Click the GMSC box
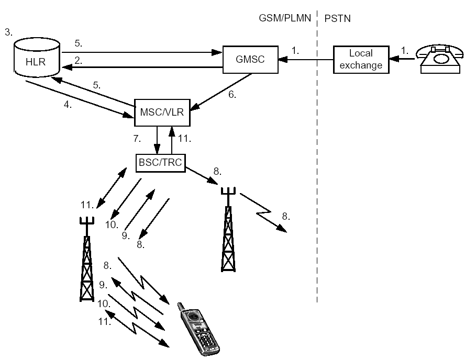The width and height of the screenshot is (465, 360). click(x=250, y=59)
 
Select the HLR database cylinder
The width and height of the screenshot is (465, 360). click(x=37, y=57)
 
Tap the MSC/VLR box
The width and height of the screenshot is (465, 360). click(x=162, y=113)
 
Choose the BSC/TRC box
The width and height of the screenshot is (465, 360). click(x=160, y=163)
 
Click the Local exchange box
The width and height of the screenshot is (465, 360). click(x=361, y=59)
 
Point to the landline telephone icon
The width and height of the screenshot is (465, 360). click(x=439, y=59)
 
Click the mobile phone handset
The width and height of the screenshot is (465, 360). click(x=198, y=329)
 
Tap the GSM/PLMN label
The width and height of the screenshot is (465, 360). click(x=285, y=18)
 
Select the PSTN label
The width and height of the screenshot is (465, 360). click(x=337, y=18)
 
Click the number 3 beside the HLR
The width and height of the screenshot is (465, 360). click(x=8, y=32)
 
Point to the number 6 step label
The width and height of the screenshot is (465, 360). click(x=232, y=95)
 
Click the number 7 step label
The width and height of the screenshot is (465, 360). click(x=137, y=138)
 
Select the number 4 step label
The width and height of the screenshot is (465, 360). click(x=68, y=105)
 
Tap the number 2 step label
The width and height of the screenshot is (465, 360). click(x=79, y=61)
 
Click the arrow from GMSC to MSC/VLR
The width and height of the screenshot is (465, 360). click(x=221, y=92)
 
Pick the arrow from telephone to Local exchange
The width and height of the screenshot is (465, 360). click(x=402, y=59)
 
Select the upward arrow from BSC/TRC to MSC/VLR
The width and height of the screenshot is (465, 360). click(x=171, y=140)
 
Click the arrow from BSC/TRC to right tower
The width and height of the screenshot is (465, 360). click(x=202, y=176)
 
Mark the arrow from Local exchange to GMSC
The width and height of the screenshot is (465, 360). click(x=306, y=60)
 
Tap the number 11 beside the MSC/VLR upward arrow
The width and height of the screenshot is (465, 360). click(x=184, y=138)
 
